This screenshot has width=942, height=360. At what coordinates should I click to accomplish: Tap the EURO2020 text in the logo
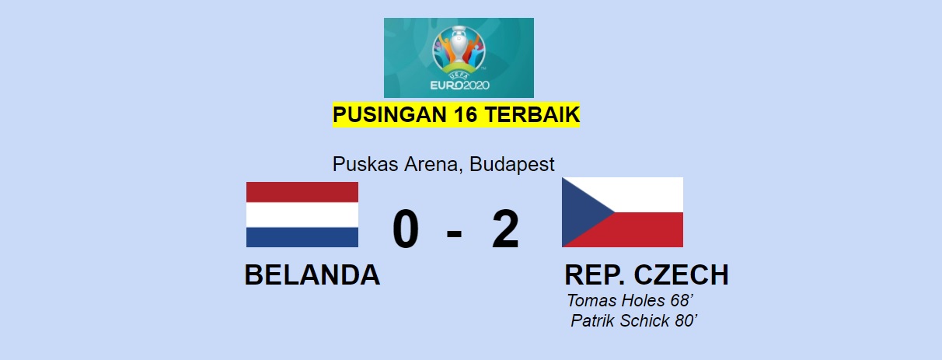pos(459,86)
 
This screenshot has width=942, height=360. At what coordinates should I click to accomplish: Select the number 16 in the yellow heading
pos(466,114)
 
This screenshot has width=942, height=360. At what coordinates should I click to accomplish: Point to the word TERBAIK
pos(532,114)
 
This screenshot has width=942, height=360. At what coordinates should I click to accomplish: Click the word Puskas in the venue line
pos(365,164)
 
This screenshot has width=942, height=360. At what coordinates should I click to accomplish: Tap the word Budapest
pos(511,164)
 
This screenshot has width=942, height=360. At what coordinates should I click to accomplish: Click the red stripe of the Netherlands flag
pos(302,192)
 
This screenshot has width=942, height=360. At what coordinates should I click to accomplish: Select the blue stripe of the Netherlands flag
pos(302,237)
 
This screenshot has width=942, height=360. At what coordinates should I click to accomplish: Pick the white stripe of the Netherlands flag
pos(302,215)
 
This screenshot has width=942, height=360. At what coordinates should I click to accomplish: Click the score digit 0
pos(406,229)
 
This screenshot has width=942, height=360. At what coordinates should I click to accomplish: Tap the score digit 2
pos(506,229)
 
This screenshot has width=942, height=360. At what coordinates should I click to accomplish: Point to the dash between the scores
pos(454,232)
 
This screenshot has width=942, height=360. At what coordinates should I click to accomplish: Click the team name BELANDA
pos(312,275)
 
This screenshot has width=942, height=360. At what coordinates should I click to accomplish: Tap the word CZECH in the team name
pos(681,275)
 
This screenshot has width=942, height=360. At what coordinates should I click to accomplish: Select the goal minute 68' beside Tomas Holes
pos(682,300)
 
